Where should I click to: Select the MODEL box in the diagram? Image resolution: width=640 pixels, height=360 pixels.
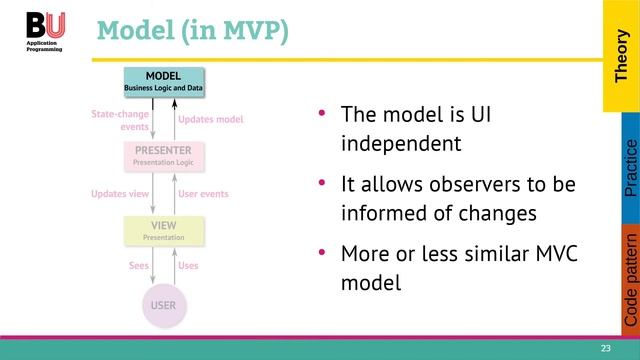pos(163,82)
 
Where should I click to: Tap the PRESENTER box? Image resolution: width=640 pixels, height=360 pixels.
pos(163,156)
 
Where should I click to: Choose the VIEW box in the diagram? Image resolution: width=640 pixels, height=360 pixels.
pos(163,231)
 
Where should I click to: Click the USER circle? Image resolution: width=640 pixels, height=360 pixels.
pos(163,303)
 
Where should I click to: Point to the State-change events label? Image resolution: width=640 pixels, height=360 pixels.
pos(120,121)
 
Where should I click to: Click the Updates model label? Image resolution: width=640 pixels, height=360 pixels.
pos(210,120)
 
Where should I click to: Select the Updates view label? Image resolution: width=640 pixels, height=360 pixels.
pos(120,194)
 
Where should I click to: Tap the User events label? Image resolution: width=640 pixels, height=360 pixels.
pos(203,194)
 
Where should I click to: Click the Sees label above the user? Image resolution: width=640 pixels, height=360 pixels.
pos(139,266)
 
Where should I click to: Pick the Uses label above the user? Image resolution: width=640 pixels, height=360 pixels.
pos(188,266)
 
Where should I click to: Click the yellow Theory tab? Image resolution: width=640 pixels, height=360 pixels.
pos(620,55)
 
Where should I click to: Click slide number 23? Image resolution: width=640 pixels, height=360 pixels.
pos(605,348)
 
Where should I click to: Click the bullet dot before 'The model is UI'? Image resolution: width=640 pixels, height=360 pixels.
pos(322,113)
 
